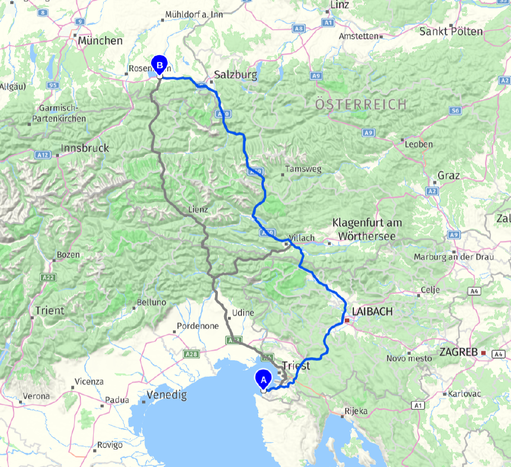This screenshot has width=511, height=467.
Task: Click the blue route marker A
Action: point(263,379)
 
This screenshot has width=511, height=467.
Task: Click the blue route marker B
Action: point(159,66)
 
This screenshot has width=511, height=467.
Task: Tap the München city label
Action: point(101,41)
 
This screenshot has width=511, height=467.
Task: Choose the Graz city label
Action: point(449,176)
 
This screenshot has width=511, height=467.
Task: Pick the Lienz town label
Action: point(198,209)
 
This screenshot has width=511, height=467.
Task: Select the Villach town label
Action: point(302,238)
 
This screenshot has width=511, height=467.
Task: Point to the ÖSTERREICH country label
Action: point(360,104)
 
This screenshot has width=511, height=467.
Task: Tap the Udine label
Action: point(243,313)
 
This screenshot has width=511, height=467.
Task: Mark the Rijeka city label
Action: point(356,411)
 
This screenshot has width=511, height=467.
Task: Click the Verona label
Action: point(35,396)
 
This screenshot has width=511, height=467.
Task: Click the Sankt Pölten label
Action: point(451,31)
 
